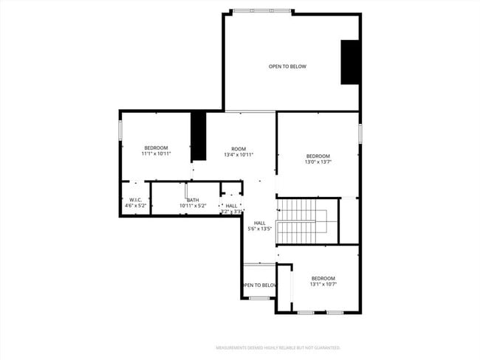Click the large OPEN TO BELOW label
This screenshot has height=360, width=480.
(x=287, y=66)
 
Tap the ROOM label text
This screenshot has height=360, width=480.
(x=239, y=148)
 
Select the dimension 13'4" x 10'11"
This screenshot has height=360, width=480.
(x=239, y=155)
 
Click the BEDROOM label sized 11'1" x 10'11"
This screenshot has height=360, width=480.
(x=156, y=148)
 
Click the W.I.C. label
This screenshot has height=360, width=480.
(x=135, y=200)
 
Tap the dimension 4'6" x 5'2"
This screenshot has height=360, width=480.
(x=135, y=206)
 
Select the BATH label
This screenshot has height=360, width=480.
(x=193, y=200)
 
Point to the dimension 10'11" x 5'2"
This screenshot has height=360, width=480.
(x=193, y=206)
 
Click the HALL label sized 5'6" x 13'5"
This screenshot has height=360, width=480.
(x=259, y=223)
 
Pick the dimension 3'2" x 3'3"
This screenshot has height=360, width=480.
(x=232, y=212)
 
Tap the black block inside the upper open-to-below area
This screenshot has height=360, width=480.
(x=349, y=62)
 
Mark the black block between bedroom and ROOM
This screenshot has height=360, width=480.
(x=198, y=136)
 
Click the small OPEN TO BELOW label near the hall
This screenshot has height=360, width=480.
(x=259, y=285)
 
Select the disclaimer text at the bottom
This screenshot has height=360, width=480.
(x=277, y=347)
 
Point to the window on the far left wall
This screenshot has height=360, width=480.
(x=120, y=129)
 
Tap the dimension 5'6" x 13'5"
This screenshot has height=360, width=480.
(x=259, y=229)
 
